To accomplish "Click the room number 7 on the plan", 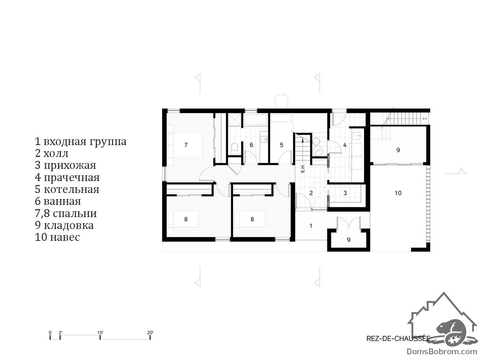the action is coord(186,145).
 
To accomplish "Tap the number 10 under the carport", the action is coord(398,193).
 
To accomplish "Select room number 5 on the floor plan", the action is coord(282,145).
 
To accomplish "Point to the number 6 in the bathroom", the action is coord(251,145).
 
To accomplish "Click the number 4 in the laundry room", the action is coord(345,145).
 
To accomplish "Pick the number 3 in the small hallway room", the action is coord(345,193).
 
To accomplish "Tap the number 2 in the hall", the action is coord(311,193).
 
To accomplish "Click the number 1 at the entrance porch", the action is coord(311,226).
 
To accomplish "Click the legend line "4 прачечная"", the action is coord(67,177).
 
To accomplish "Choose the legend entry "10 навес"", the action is coord(57,237).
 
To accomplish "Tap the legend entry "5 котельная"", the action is coord(67,189).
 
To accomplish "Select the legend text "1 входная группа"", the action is coord(80,141).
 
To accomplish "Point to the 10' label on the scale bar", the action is coord(100,333).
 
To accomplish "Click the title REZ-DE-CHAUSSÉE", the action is coord(398,338).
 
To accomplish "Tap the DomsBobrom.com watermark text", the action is coord(442,352).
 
